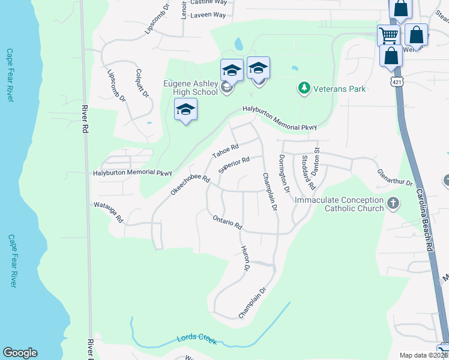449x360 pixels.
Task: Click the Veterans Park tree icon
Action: tap(304, 89)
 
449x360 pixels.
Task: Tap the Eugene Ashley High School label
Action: tap(190, 88)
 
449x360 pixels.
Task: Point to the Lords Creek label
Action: tap(196, 338)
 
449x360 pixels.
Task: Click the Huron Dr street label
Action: tap(244, 258)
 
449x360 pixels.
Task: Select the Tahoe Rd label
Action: tap(226, 151)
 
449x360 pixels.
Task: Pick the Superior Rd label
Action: tap(234, 164)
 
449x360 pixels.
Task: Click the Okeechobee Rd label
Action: tap(190, 184)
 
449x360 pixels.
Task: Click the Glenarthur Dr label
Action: tap(396, 178)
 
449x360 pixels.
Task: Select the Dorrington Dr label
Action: tap(284, 173)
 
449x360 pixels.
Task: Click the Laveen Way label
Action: tap(208, 14)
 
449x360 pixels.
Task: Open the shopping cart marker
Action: tap(388, 35)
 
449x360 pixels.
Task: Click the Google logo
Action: tap(20, 353)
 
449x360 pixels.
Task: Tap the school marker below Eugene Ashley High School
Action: tap(186, 110)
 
